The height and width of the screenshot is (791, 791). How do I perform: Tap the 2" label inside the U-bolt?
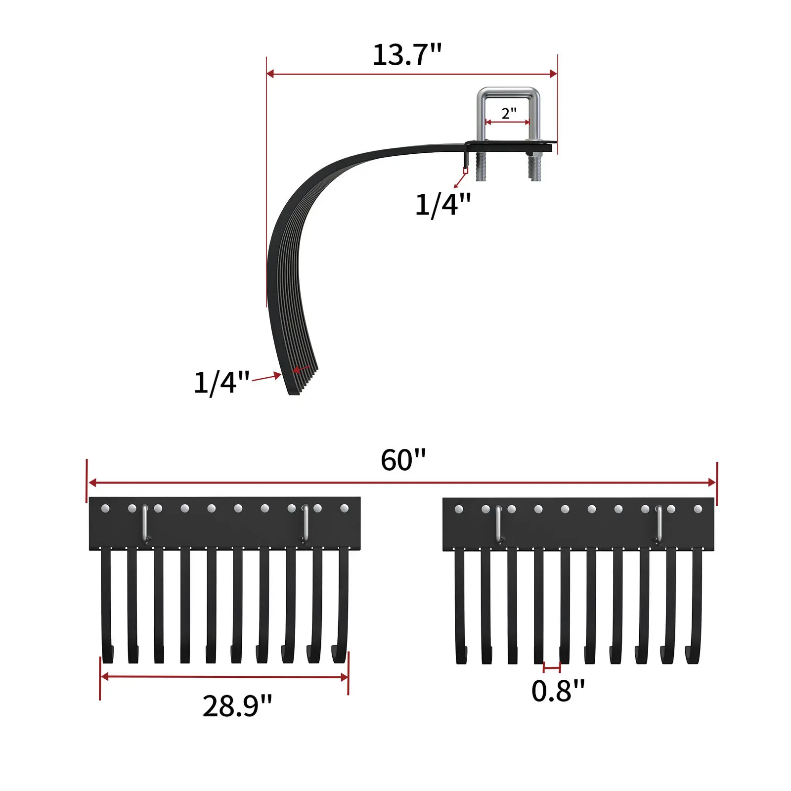[509, 113]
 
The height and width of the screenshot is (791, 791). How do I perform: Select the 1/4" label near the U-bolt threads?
[443, 204]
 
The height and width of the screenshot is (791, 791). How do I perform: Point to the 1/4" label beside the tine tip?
[221, 382]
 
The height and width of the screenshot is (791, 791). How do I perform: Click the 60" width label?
[403, 460]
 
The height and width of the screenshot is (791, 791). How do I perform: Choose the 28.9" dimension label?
[237, 705]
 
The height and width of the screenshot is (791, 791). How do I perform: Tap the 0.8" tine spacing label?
[558, 691]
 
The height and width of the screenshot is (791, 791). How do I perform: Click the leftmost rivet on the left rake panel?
[105, 508]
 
